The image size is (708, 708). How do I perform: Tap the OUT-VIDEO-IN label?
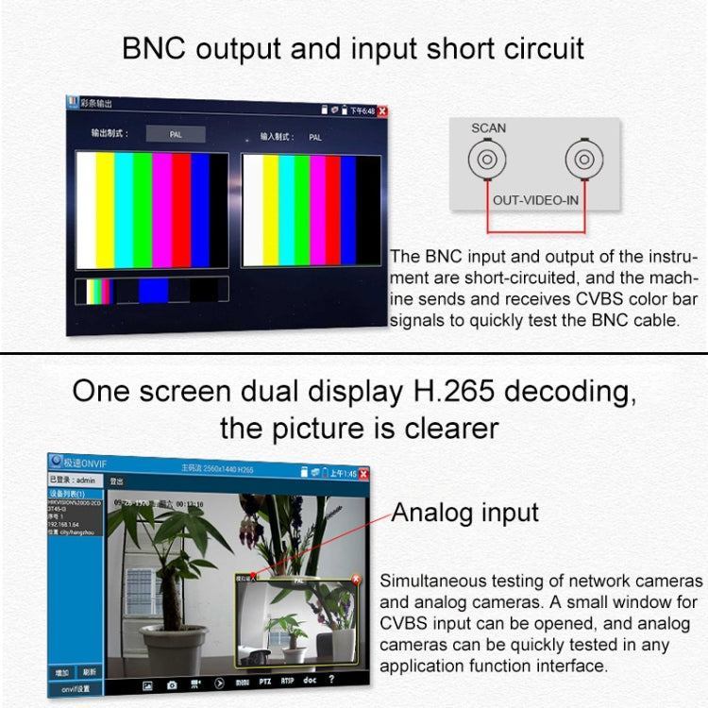535,200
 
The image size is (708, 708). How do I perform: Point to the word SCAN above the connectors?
488,128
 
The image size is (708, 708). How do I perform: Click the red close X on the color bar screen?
382,111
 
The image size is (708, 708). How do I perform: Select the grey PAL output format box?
175,134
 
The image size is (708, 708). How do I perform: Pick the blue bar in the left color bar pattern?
200,211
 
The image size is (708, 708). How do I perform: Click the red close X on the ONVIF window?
363,473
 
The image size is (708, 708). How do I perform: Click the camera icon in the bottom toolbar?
173,683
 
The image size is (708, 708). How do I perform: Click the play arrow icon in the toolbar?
219,683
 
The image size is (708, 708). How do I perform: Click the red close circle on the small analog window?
356,579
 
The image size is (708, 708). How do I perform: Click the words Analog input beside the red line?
464,514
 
